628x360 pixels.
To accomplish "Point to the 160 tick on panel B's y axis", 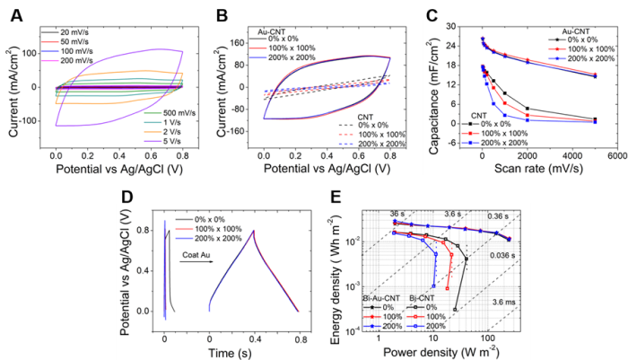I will [239, 41].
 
